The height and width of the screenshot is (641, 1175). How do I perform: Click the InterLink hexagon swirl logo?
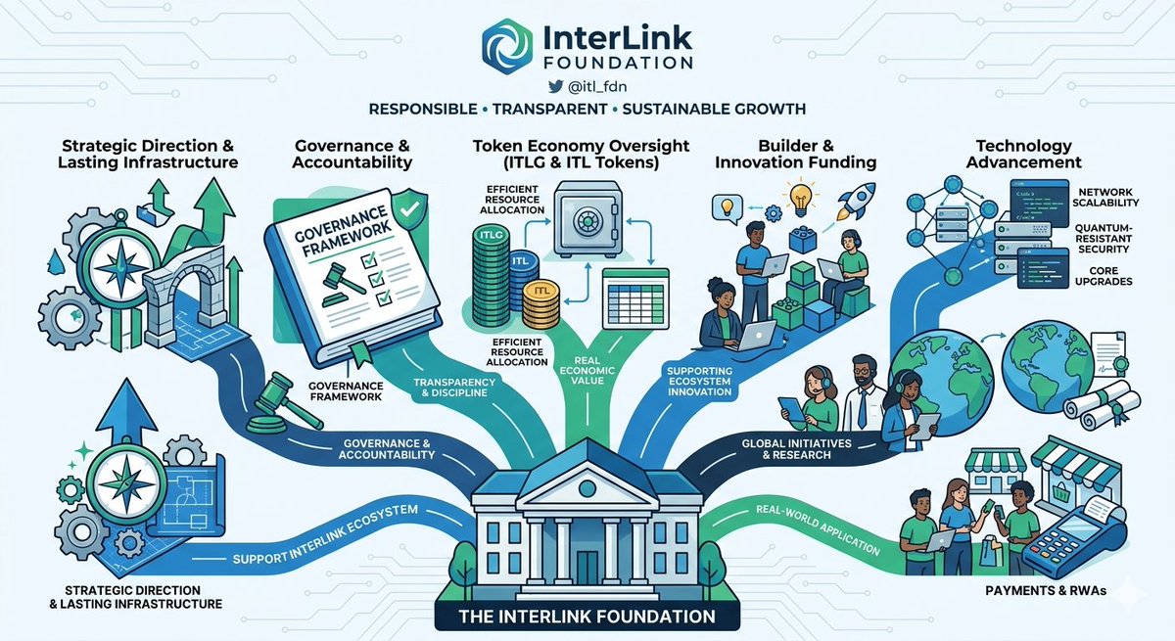pyautogui.click(x=507, y=46)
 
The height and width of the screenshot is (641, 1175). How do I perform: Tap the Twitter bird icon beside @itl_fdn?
pyautogui.click(x=555, y=86)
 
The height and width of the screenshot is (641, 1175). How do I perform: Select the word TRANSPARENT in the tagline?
pyautogui.click(x=549, y=109)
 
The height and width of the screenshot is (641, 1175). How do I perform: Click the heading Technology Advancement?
pyautogui.click(x=1023, y=154)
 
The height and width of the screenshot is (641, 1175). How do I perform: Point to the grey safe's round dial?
pyautogui.click(x=587, y=220)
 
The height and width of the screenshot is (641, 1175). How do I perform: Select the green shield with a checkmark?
pyautogui.click(x=409, y=209)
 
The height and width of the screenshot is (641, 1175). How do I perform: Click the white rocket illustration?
pyautogui.click(x=856, y=201)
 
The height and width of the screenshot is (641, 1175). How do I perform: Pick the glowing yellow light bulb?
pyautogui.click(x=800, y=198)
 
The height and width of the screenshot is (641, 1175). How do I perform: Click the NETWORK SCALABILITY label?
pyautogui.click(x=1105, y=198)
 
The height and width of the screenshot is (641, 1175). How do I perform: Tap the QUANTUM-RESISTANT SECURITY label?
pyautogui.click(x=1104, y=239)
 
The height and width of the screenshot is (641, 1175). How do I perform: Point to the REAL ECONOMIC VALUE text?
pyautogui.click(x=587, y=371)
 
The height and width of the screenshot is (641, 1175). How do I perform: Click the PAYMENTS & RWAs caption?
pyautogui.click(x=1046, y=591)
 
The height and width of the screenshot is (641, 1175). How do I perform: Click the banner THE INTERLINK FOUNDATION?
pyautogui.click(x=587, y=616)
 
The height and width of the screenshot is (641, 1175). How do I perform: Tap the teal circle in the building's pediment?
pyautogui.click(x=587, y=488)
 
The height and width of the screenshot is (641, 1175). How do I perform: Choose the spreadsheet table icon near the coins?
pyautogui.click(x=635, y=298)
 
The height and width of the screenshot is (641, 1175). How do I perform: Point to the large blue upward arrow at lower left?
pyautogui.click(x=126, y=415)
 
